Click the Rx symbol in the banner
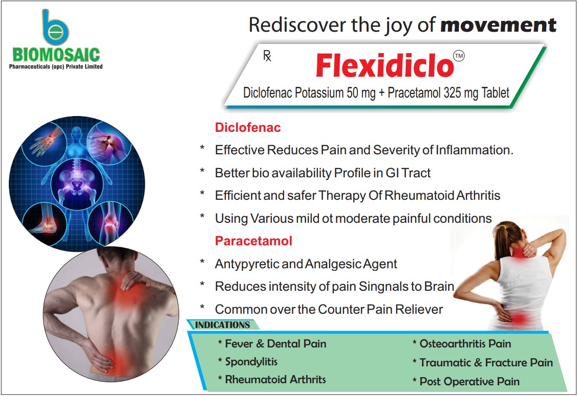coord(267,56)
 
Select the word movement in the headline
coord(498,25)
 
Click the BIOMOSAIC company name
coord(57,54)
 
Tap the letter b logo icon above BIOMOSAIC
coord(54,29)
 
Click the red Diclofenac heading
coord(248,127)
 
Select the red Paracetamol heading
coord(253,241)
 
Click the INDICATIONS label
coord(222,324)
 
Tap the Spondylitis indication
coord(251,362)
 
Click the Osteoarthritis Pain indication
coord(465,343)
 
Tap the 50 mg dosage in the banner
coord(352,92)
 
